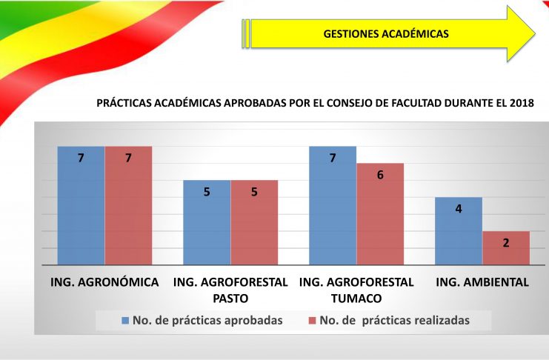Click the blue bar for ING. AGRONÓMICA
click(81, 206)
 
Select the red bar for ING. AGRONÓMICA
click(128, 206)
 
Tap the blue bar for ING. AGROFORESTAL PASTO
click(207, 223)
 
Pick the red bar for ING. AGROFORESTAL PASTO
click(254, 223)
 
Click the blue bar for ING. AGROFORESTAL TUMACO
click(333, 206)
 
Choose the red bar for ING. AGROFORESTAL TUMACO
click(380, 214)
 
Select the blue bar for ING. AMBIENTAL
click(459, 231)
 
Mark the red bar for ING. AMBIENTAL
click(506, 248)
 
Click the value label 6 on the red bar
click(380, 175)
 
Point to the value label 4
click(459, 209)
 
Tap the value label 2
click(506, 243)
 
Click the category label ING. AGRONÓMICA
click(104, 282)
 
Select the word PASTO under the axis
click(230, 299)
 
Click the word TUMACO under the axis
click(356, 299)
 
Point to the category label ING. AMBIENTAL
click(482, 282)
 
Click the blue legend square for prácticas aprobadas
click(125, 321)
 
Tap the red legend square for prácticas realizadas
click(313, 321)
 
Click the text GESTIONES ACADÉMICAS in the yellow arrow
click(386, 34)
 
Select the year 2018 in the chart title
click(522, 103)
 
